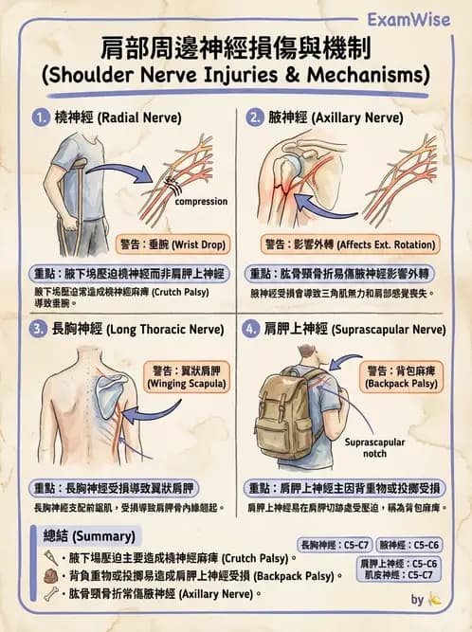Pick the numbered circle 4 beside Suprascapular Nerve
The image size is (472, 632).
(x=252, y=330)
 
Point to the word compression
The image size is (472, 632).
(x=200, y=202)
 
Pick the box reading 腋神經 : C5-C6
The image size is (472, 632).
(x=409, y=545)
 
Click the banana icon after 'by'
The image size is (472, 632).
(x=434, y=599)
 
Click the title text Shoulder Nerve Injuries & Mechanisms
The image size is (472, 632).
(x=235, y=74)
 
